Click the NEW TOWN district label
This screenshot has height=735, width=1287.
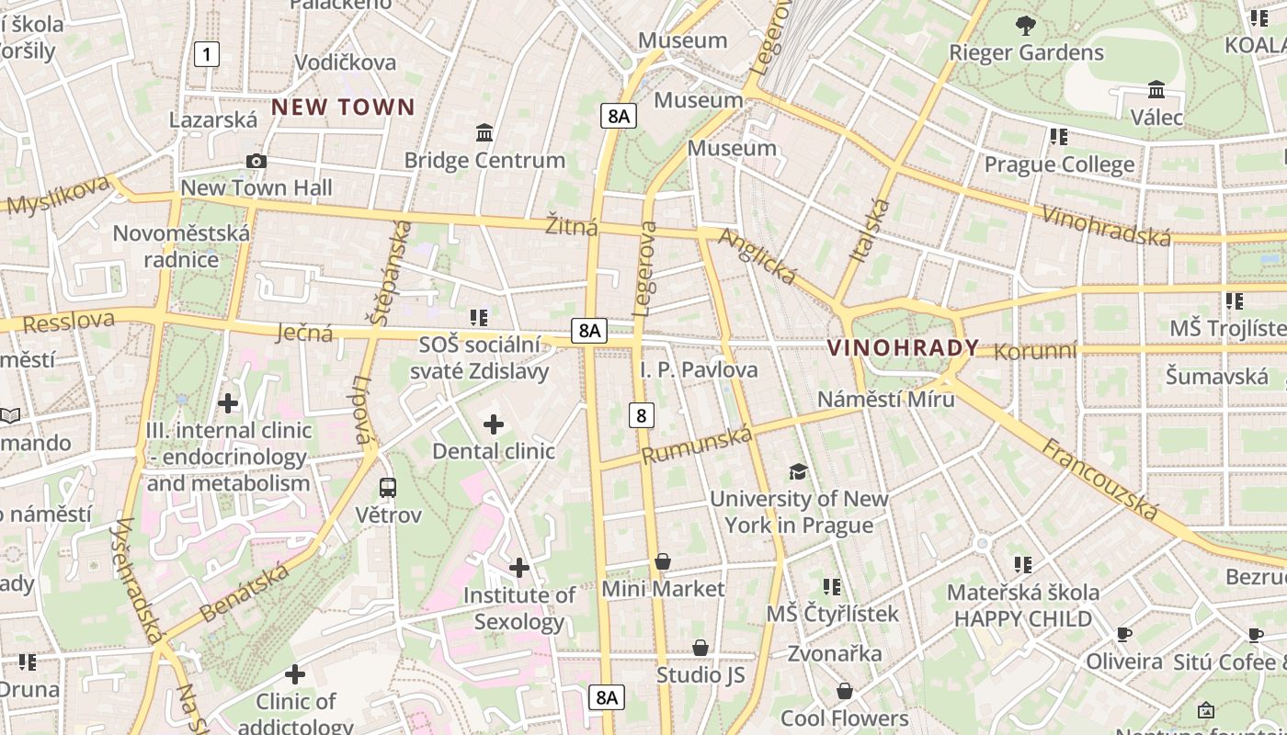pos(343,107)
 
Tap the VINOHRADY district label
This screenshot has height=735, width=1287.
pos(903,348)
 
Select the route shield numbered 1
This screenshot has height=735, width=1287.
pos(207,54)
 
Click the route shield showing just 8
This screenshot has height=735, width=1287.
pos(641,415)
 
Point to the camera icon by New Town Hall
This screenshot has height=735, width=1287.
pos(256,162)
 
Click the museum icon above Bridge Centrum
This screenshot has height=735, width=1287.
pos(484,133)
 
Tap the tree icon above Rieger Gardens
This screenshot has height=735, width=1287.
pos(1025,26)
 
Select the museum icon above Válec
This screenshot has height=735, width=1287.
pos(1156,90)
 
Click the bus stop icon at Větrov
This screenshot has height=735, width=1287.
pos(388,488)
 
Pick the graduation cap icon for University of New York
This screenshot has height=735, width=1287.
pos(798,472)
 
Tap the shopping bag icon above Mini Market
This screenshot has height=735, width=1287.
pos(663,561)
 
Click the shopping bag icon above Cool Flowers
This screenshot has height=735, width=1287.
pos(844,691)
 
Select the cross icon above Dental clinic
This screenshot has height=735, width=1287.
pos(494,424)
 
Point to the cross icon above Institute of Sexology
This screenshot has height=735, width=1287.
pos(519,568)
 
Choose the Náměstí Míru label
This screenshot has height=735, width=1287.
pos(885,399)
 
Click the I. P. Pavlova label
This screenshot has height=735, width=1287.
pos(699,369)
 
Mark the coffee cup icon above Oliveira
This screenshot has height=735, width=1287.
pos(1123,634)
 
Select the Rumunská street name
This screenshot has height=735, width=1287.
pos(696,445)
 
